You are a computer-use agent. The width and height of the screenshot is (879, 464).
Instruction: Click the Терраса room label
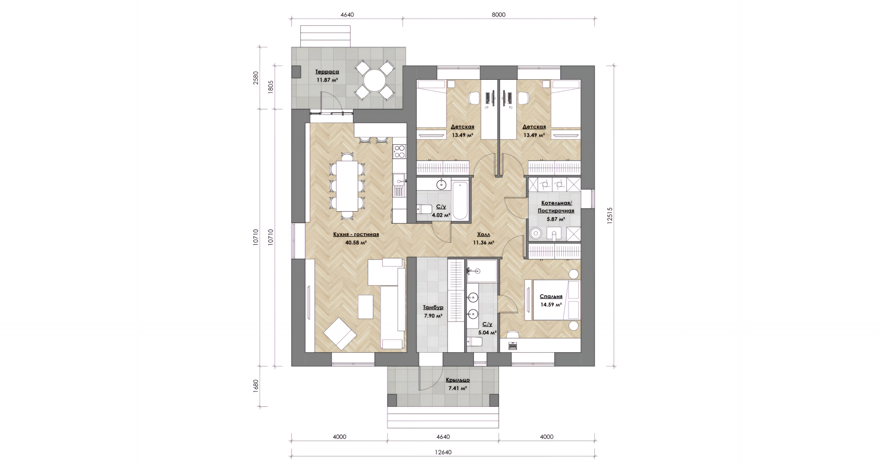coord(327,72)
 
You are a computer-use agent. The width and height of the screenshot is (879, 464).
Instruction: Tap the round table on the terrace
coord(375,81)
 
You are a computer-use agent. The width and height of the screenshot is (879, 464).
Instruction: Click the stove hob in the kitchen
coord(79,151)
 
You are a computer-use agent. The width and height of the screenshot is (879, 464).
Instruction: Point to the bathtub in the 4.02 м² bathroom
coord(460,201)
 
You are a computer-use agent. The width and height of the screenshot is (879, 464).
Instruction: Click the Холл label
coord(483,234)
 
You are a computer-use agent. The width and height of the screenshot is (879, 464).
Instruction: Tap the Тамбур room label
coord(433,308)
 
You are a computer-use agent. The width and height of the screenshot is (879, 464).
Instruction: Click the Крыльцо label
coord(457,380)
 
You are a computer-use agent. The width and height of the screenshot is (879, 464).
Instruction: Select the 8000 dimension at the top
coord(499,15)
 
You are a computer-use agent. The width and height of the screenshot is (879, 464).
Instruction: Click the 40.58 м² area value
coord(356,243)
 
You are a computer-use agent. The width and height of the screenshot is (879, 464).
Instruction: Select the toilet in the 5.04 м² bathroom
coord(474,342)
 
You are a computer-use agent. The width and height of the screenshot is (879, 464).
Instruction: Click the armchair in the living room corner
coord(339,333)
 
